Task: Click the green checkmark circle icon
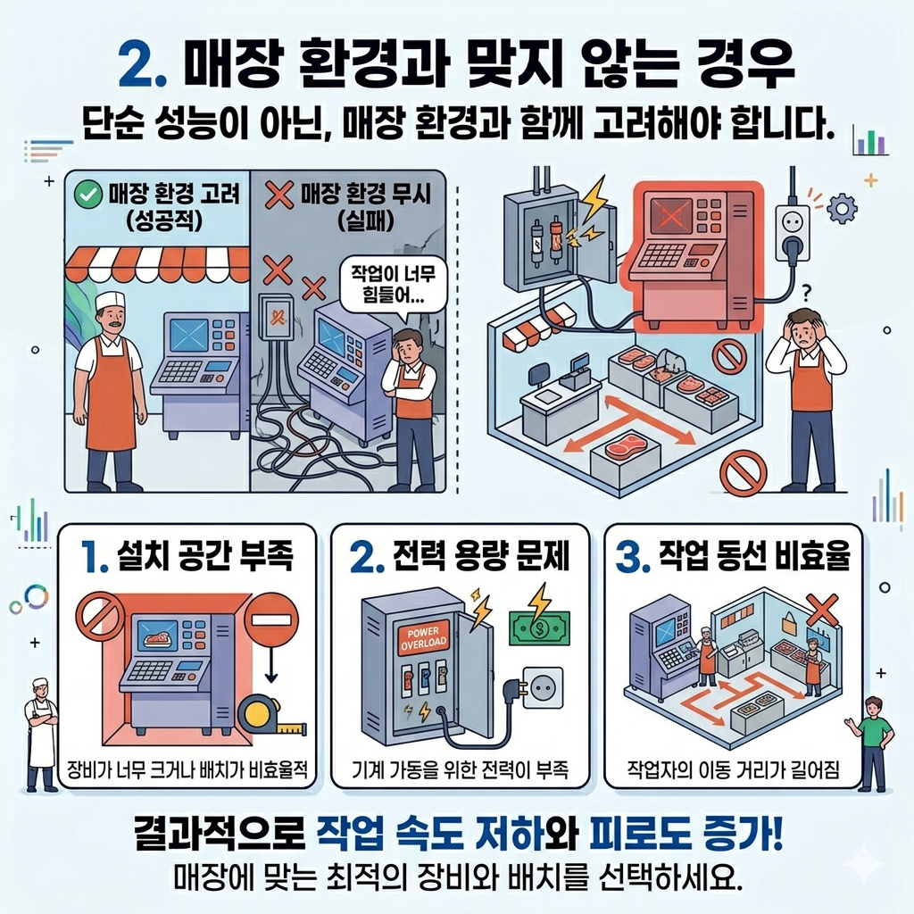tap(88, 195)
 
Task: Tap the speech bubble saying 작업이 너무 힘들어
tap(393, 286)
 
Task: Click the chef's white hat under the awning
tap(110, 301)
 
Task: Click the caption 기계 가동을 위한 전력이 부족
tap(460, 770)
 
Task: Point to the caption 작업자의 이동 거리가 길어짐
tap(734, 770)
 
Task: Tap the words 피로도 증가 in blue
tap(685, 834)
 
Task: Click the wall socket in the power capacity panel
tap(543, 688)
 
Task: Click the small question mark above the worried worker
tap(807, 291)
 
